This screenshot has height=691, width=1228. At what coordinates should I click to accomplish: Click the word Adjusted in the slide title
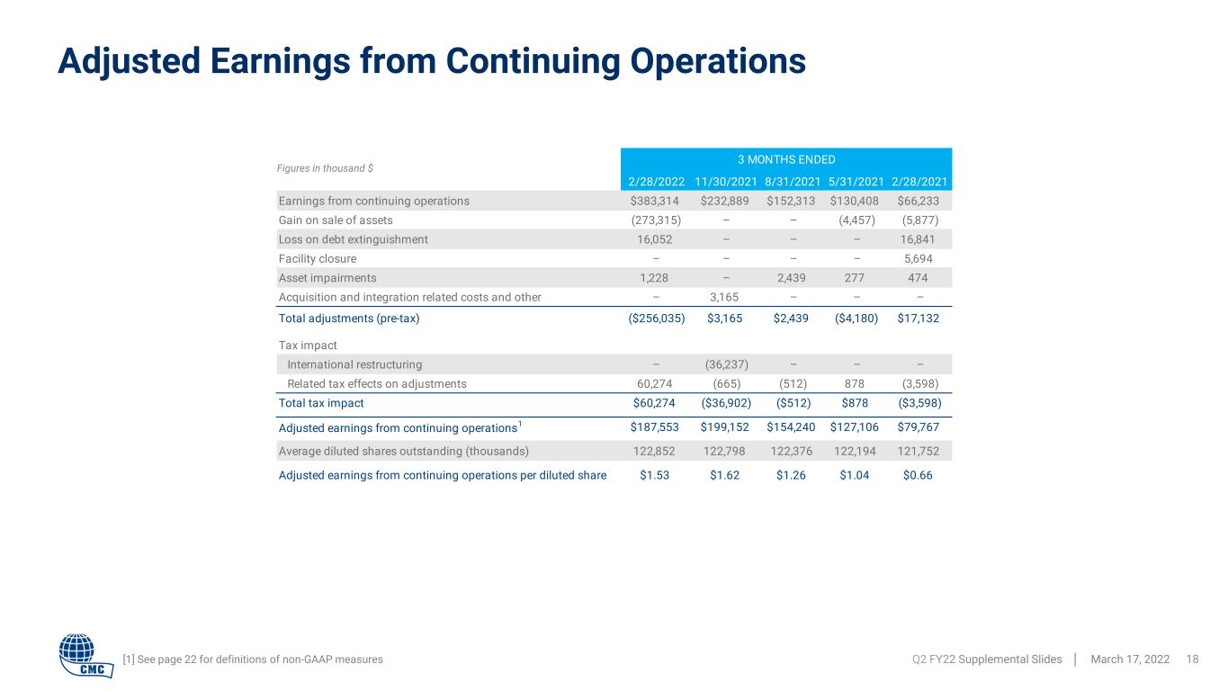(129, 61)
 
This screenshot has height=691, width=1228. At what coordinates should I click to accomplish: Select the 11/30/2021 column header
(725, 182)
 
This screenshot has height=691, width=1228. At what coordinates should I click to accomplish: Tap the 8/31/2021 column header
(793, 182)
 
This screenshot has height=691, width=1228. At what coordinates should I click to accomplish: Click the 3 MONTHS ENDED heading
(786, 159)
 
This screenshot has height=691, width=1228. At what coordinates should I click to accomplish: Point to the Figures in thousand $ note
(325, 168)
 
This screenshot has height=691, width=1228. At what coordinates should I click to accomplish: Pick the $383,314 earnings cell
(654, 201)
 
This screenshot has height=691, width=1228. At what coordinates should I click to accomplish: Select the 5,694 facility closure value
(918, 258)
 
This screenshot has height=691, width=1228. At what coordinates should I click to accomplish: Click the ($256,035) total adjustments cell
(656, 319)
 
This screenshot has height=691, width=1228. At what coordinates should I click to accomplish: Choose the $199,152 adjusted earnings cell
(724, 426)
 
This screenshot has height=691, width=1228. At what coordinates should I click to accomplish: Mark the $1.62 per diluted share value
(724, 475)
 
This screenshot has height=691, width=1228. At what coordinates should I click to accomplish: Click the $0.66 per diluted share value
(918, 475)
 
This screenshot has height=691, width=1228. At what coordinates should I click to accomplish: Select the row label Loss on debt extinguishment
(353, 239)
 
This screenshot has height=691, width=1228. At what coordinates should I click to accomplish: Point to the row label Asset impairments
(327, 277)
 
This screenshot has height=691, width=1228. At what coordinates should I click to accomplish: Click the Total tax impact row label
(320, 403)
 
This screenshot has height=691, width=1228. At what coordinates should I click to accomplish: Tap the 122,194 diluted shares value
(855, 451)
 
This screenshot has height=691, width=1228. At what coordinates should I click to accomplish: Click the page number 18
(1192, 660)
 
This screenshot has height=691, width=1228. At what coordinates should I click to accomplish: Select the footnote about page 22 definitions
(253, 660)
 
